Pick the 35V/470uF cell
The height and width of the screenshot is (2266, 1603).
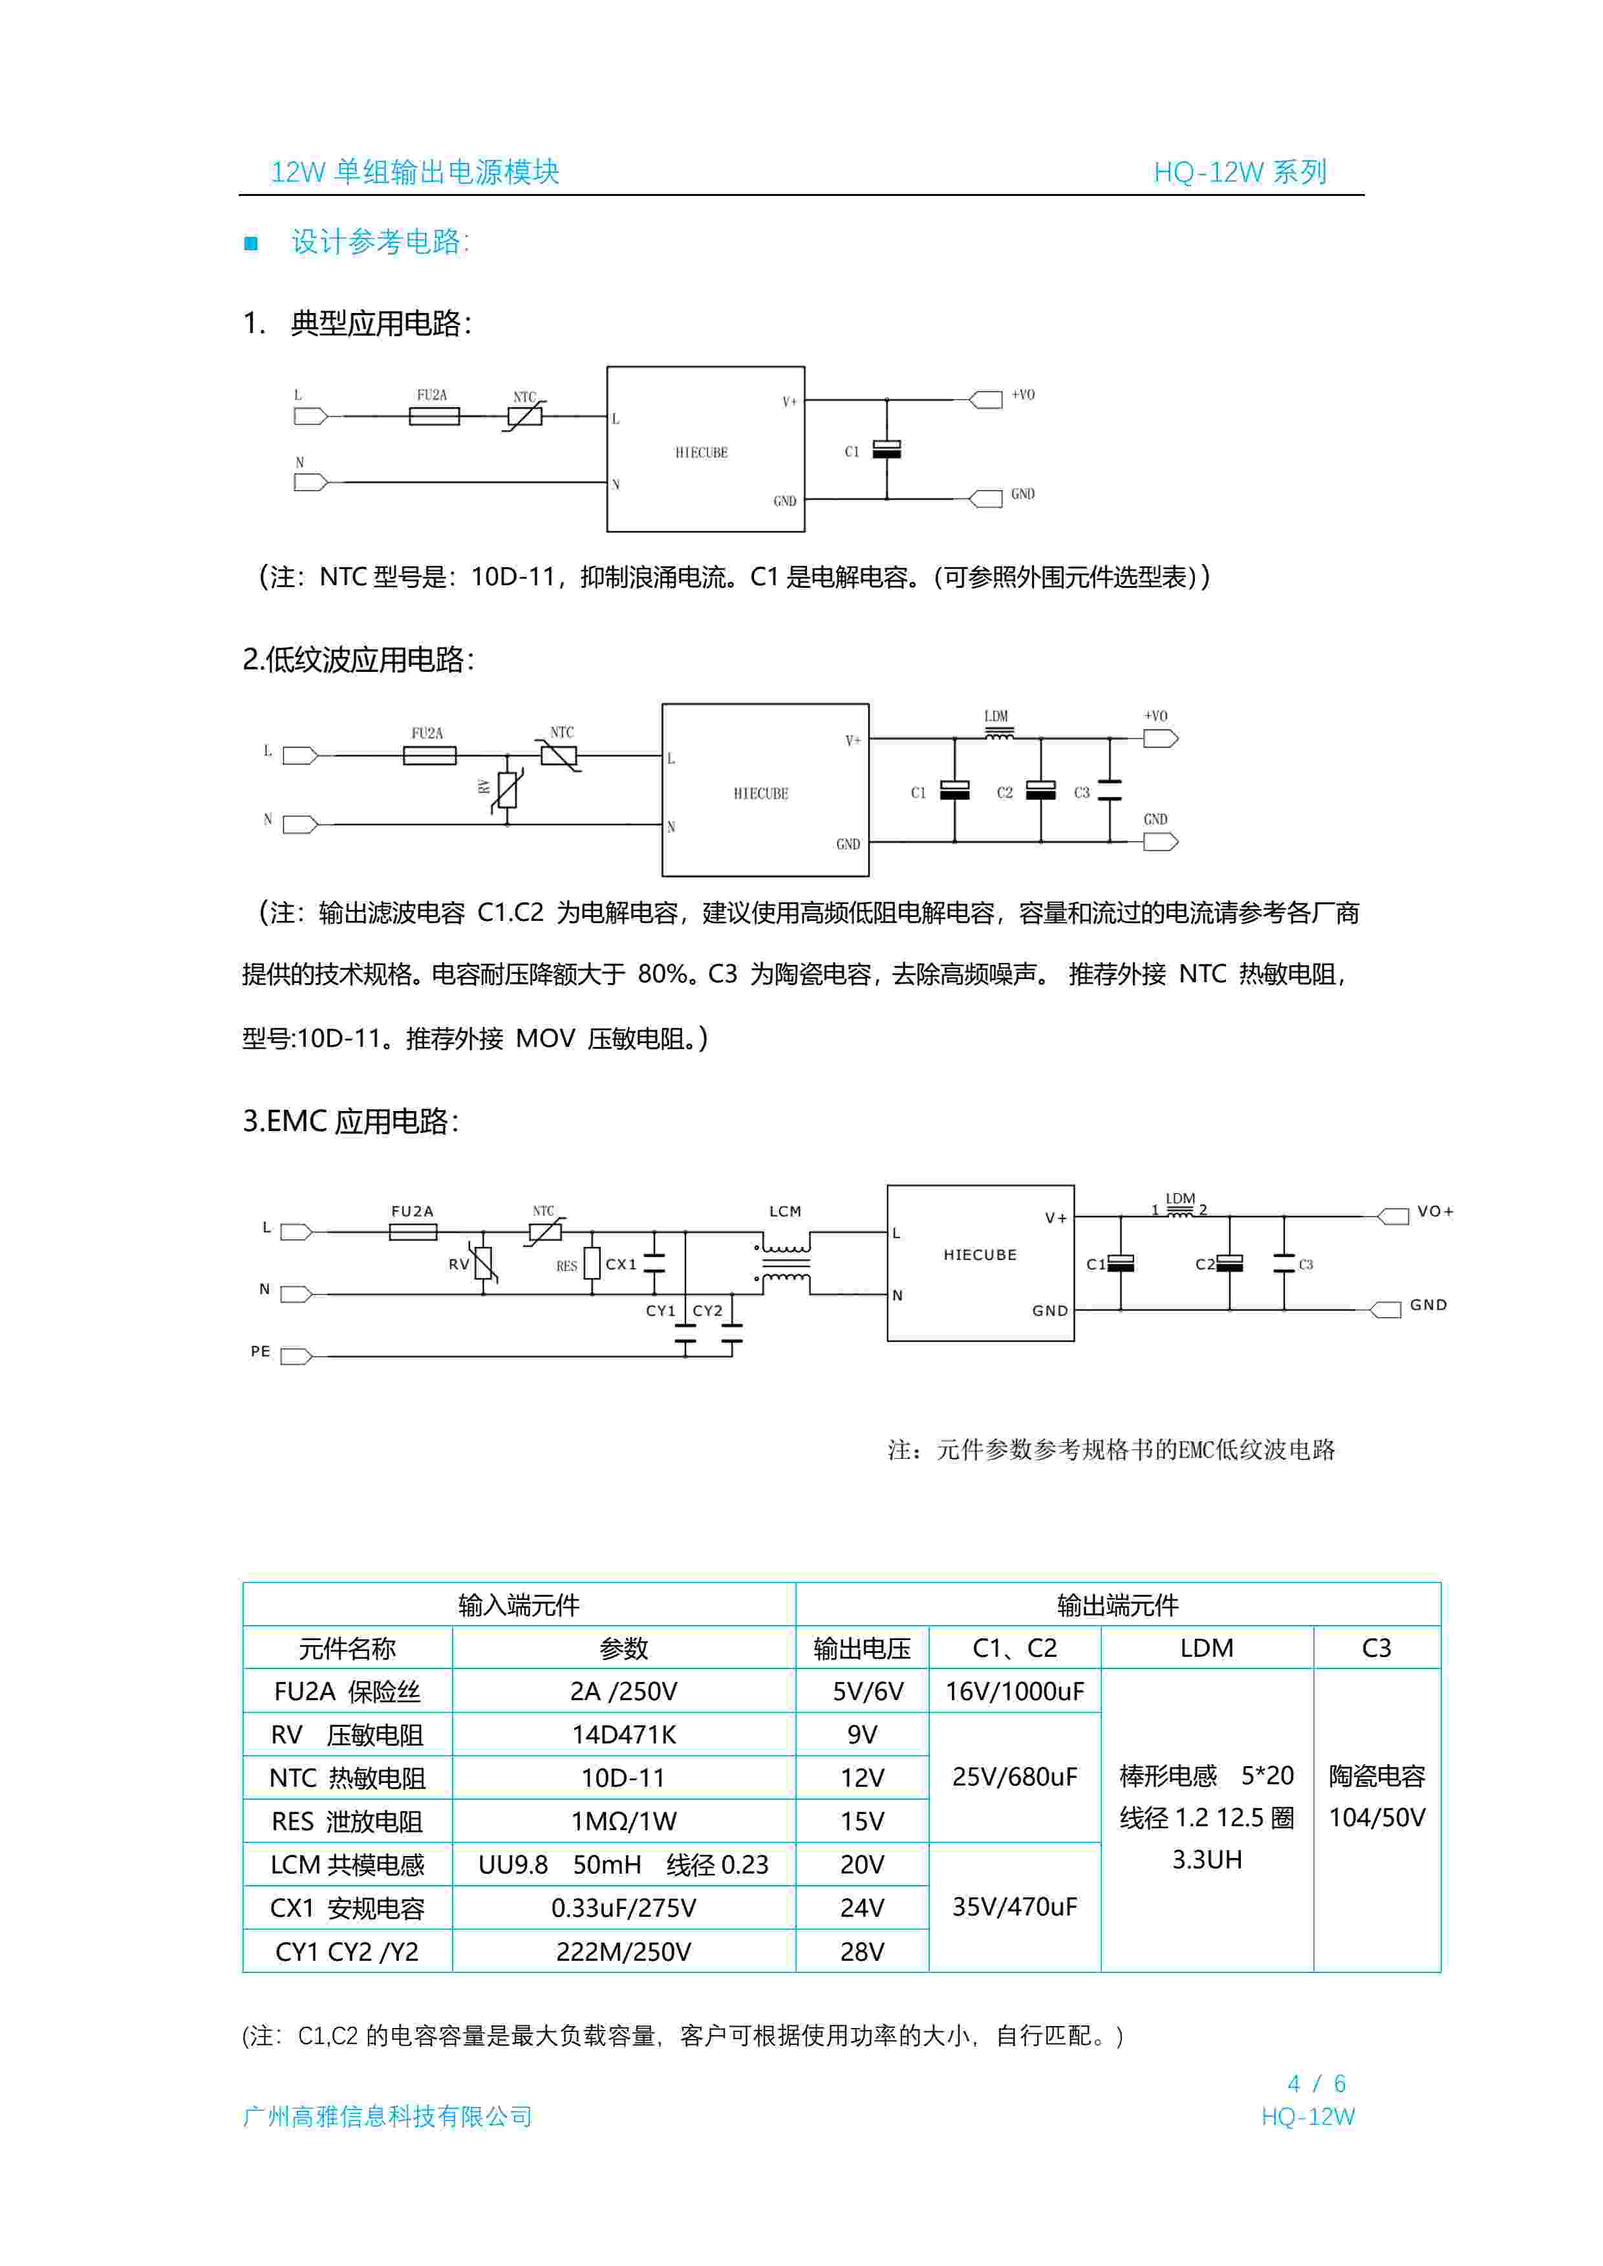tap(1014, 1906)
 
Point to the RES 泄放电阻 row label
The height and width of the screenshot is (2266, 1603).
tap(347, 1821)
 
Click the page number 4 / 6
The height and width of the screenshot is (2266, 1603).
tap(1316, 2084)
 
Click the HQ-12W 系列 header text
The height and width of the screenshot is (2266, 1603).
tap(1240, 172)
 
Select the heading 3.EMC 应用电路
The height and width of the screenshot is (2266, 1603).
tap(350, 1121)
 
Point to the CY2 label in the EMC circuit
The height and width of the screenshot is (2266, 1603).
tap(707, 1311)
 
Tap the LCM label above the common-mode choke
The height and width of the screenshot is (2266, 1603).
tap(785, 1211)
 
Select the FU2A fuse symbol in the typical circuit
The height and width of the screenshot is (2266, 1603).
tap(435, 416)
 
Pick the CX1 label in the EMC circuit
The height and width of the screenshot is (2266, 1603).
tap(621, 1264)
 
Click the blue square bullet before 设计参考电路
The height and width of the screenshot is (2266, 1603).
tap(251, 243)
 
